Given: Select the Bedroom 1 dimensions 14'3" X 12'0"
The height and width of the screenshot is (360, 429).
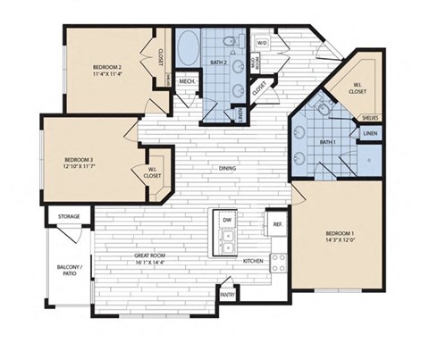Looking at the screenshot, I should pyautogui.click(x=335, y=240).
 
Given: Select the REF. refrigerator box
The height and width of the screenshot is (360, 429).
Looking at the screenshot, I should pyautogui.click(x=277, y=223).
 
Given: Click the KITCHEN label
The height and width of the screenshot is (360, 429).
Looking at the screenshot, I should pyautogui.click(x=254, y=262).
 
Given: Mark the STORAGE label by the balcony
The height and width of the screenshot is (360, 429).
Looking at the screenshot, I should pyautogui.click(x=70, y=216).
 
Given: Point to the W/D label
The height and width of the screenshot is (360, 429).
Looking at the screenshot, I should pyautogui.click(x=263, y=42).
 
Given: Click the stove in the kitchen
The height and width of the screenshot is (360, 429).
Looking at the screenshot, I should pyautogui.click(x=278, y=262).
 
